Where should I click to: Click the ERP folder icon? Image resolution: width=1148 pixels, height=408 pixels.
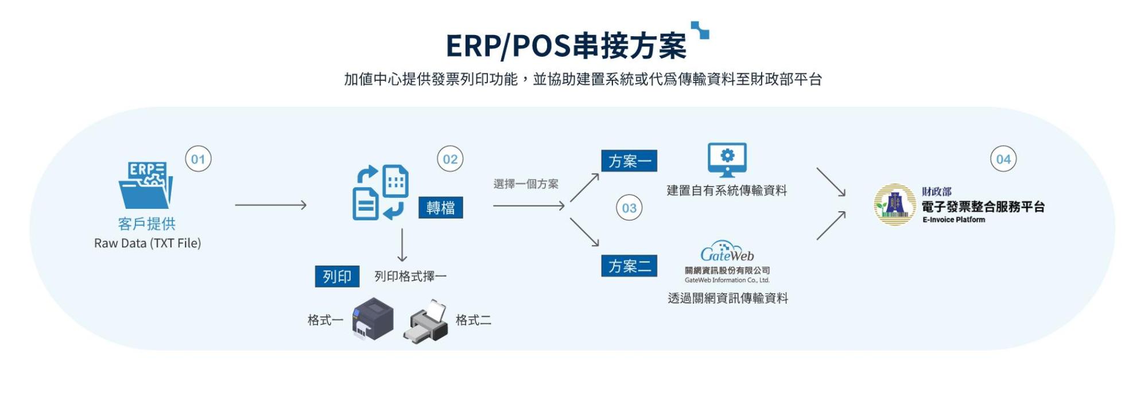point(146,185)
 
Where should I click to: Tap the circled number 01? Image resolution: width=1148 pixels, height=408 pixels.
point(198,159)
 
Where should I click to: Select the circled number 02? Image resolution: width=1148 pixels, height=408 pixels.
point(450,159)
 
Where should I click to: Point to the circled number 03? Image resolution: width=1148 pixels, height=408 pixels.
point(629,208)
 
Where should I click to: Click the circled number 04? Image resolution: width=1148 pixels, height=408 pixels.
point(1003,159)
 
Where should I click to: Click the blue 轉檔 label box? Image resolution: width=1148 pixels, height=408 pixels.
point(440,208)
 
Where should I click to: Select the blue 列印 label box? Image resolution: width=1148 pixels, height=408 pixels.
point(337,277)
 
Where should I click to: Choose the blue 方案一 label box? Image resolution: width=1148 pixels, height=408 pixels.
point(629,161)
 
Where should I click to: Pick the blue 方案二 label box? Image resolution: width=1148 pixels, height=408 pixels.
point(629,266)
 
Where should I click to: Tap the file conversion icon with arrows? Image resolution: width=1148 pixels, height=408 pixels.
point(380,193)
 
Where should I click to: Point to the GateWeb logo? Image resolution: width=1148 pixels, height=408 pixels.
point(727,253)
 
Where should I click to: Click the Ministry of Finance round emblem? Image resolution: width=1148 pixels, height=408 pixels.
point(894,204)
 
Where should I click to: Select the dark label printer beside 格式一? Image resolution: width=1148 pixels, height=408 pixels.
point(373,319)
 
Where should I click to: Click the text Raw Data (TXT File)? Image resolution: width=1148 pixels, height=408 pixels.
point(148,243)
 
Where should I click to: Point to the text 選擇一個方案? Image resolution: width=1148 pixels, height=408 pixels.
point(526,184)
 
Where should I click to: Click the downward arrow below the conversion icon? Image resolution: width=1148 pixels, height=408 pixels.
point(402,245)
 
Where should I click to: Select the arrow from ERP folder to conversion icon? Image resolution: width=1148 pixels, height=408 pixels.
point(270,205)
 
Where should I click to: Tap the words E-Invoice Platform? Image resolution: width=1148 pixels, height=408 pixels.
point(953,220)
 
